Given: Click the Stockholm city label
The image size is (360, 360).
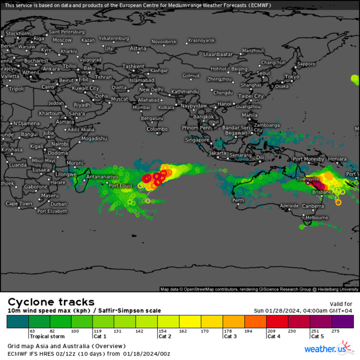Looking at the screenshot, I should (x=19, y=33).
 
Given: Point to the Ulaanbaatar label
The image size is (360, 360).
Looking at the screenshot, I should (x=219, y=54).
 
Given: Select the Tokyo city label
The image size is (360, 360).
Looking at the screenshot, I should (x=292, y=77).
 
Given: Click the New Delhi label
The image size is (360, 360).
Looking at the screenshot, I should (x=152, y=89).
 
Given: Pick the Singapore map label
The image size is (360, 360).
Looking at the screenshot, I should (x=197, y=140).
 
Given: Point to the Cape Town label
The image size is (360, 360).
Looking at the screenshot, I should (x=19, y=204).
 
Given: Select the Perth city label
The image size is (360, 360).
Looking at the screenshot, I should (x=238, y=200).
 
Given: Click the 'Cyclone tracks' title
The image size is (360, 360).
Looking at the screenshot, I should (x=51, y=302).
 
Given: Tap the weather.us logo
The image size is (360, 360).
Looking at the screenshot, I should (x=327, y=350).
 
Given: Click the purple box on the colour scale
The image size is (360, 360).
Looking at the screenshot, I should (x=343, y=322).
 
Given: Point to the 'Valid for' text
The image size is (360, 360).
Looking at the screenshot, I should (x=340, y=304).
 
